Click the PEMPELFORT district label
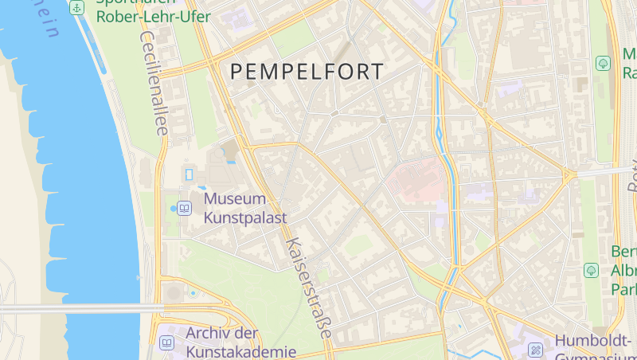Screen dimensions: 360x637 [307, 71]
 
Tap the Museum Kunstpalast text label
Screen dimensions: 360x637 [245, 207]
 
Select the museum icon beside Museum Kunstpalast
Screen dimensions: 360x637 [186, 208]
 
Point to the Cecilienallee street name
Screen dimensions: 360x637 [154, 83]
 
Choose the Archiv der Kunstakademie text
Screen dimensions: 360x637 [240, 342]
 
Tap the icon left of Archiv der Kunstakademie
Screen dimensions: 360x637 [166, 342]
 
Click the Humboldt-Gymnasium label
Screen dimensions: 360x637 [593, 342]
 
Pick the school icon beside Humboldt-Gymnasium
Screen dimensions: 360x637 [535, 349]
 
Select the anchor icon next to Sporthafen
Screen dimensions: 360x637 [76, 8]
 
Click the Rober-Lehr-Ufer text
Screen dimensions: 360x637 [153, 17]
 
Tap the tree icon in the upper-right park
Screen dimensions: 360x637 [604, 62]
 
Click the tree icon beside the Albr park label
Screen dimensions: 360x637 [592, 270]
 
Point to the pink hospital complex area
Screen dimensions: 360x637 [416, 179]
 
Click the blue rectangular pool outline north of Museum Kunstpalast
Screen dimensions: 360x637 [190, 174]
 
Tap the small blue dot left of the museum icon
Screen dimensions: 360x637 [174, 208]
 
